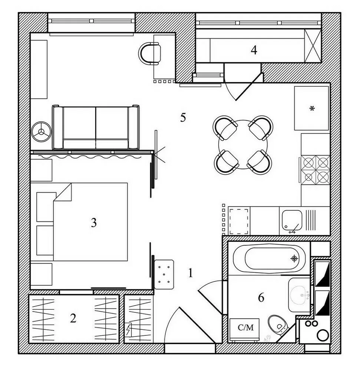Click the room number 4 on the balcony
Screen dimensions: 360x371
tap(254, 50)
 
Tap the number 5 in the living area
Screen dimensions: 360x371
tap(183, 118)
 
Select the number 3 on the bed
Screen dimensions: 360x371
tap(94, 223)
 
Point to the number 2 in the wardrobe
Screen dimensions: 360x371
tap(73, 318)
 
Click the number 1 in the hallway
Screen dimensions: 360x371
tap(191, 274)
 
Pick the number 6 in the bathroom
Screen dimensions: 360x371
tap(261, 297)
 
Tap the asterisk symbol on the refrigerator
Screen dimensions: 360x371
tap(312, 108)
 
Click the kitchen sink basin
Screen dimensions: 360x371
tap(292, 220)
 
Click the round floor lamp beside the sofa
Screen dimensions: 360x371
tap(42, 131)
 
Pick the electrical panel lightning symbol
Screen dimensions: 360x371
tap(129, 329)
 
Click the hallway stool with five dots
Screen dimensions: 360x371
tap(164, 274)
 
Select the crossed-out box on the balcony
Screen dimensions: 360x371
tap(313, 46)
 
